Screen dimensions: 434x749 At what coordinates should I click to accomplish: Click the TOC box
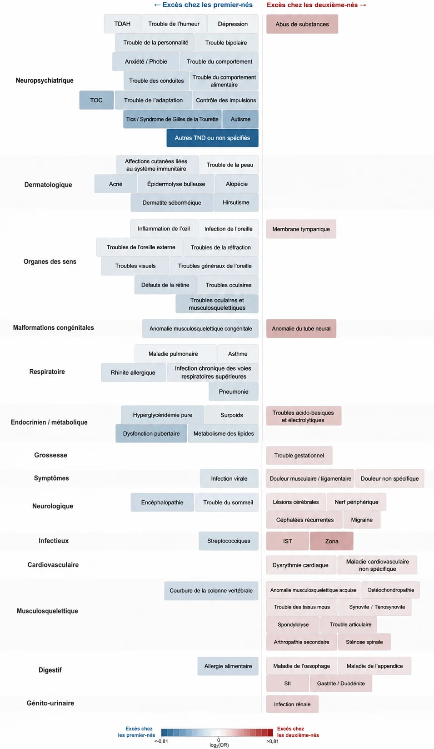point(96,100)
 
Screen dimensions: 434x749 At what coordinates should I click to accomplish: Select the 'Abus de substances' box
point(302,24)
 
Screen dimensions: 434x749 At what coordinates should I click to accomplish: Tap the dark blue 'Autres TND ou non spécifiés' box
point(212,138)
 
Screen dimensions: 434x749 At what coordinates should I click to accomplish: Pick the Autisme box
point(240,119)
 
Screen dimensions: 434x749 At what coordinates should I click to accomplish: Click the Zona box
point(331,541)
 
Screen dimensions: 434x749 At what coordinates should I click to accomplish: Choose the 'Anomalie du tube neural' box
point(301,328)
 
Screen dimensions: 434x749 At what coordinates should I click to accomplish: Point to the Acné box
point(115,184)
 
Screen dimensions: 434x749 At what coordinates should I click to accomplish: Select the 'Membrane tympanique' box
point(301,229)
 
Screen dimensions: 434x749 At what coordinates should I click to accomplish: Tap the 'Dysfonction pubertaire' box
point(151,433)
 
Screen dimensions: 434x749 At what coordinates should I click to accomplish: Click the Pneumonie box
point(234,392)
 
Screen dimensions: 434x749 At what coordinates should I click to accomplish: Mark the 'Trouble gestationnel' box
point(299,455)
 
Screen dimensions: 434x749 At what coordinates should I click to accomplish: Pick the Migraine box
point(361,520)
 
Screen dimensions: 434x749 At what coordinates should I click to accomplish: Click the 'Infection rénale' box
point(292,704)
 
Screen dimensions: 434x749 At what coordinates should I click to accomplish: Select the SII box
point(287,684)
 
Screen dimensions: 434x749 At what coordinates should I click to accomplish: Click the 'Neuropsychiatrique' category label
point(45,80)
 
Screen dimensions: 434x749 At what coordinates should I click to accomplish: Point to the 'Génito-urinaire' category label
point(50,703)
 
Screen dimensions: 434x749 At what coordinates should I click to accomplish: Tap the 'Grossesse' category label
point(50,455)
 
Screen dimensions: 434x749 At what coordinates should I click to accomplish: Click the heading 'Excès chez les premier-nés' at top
point(203,5)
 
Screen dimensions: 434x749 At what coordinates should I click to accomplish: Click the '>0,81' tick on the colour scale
point(273,741)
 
